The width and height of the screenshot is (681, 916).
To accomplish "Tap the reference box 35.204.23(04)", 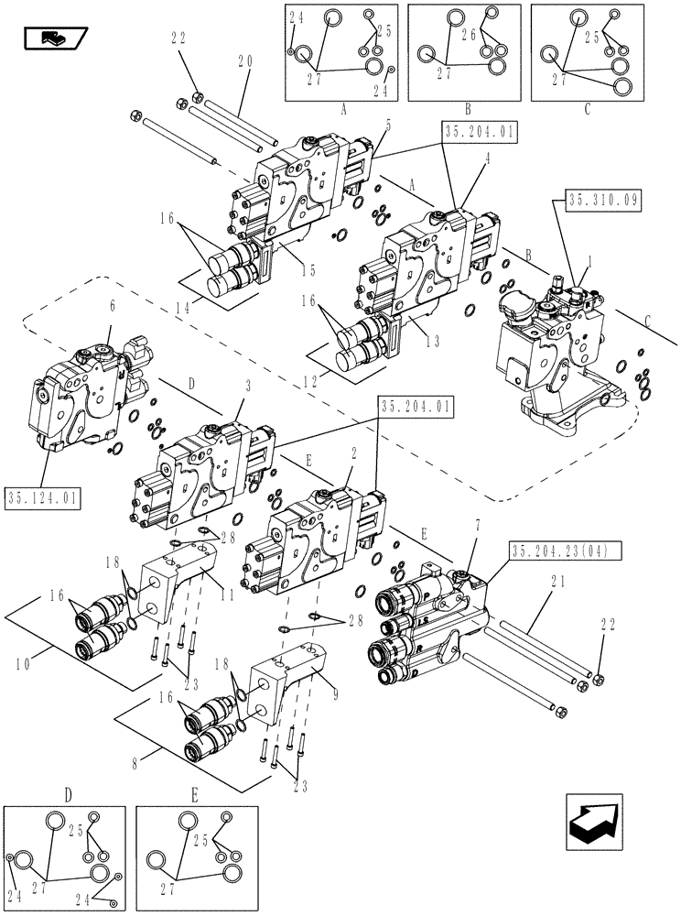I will (x=566, y=551).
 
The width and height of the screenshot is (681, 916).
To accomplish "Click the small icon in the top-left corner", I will (x=54, y=37).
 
